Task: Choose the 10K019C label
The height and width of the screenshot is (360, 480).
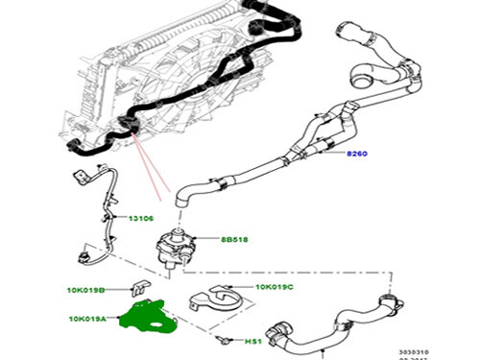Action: coord(276,288)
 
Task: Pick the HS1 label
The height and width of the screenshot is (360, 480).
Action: coord(252,341)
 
